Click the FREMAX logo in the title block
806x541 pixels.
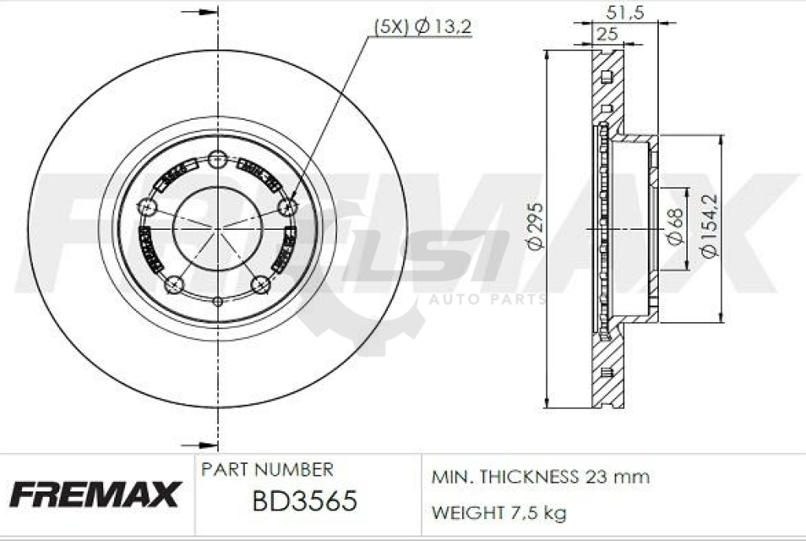point(94,494)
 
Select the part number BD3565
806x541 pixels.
point(304,501)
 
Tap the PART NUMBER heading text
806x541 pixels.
point(268,470)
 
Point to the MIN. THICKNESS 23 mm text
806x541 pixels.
point(540,477)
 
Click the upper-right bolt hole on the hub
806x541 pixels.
point(288,206)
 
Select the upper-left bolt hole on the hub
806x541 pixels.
point(147,207)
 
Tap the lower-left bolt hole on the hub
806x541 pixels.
point(175,283)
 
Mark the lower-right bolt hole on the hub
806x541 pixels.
point(261,283)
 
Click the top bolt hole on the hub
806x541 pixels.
point(218,160)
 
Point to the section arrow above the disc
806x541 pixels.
point(200,13)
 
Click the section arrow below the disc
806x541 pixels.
point(200,444)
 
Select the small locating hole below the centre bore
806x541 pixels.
point(218,300)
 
